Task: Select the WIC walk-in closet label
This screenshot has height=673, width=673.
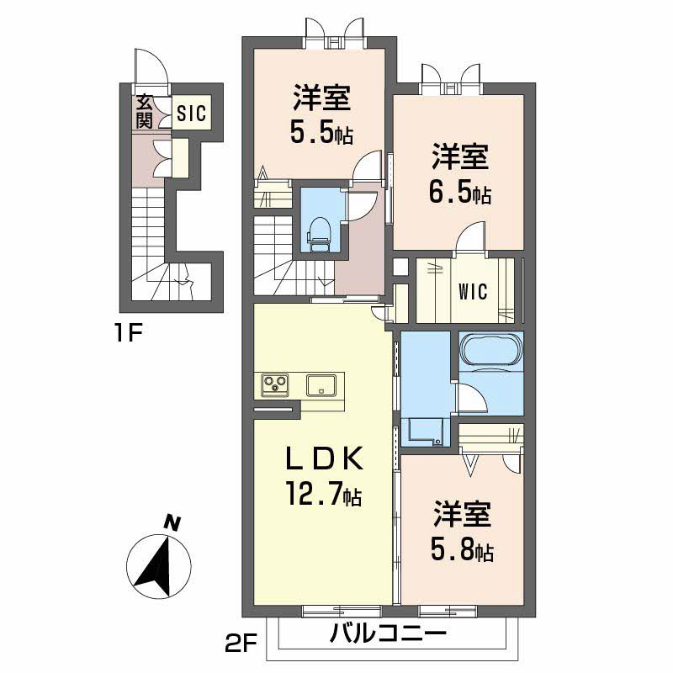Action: tap(473, 292)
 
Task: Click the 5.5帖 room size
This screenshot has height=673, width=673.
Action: tap(322, 133)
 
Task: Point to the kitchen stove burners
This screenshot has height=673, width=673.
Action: tap(275, 385)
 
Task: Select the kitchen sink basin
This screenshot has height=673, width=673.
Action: tap(322, 385)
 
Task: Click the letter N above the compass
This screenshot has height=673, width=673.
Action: tap(172, 522)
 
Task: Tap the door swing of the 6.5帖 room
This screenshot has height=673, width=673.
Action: tap(472, 236)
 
